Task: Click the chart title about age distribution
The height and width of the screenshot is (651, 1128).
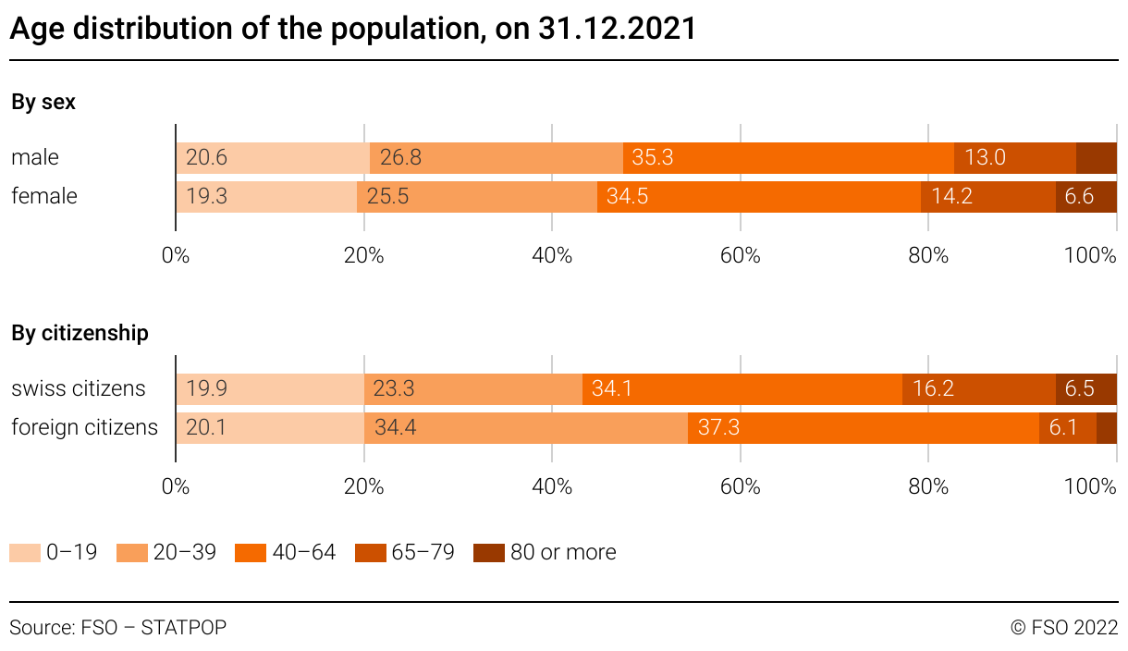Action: (x=352, y=29)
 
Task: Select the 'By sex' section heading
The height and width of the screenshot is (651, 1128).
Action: (x=43, y=103)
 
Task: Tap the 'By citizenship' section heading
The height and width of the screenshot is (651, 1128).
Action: (x=80, y=333)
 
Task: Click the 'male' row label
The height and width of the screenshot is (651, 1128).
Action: (x=35, y=158)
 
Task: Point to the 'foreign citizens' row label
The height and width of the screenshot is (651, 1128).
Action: (x=84, y=428)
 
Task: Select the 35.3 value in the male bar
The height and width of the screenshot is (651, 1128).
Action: (x=652, y=158)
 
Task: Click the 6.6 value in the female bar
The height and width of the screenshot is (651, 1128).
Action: (x=1079, y=197)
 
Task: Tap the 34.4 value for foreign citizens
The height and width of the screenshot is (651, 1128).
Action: (x=394, y=428)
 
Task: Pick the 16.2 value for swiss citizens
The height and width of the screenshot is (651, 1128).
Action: (x=933, y=389)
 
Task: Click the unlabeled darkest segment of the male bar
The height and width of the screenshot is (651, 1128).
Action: (x=1097, y=158)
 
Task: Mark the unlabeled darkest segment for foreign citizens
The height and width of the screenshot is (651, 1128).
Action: (x=1107, y=428)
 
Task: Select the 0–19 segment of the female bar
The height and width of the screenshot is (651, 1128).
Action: (x=266, y=197)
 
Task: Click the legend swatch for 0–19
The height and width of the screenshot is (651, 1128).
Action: (x=25, y=553)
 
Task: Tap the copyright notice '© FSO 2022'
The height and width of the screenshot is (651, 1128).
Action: (x=1064, y=628)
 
